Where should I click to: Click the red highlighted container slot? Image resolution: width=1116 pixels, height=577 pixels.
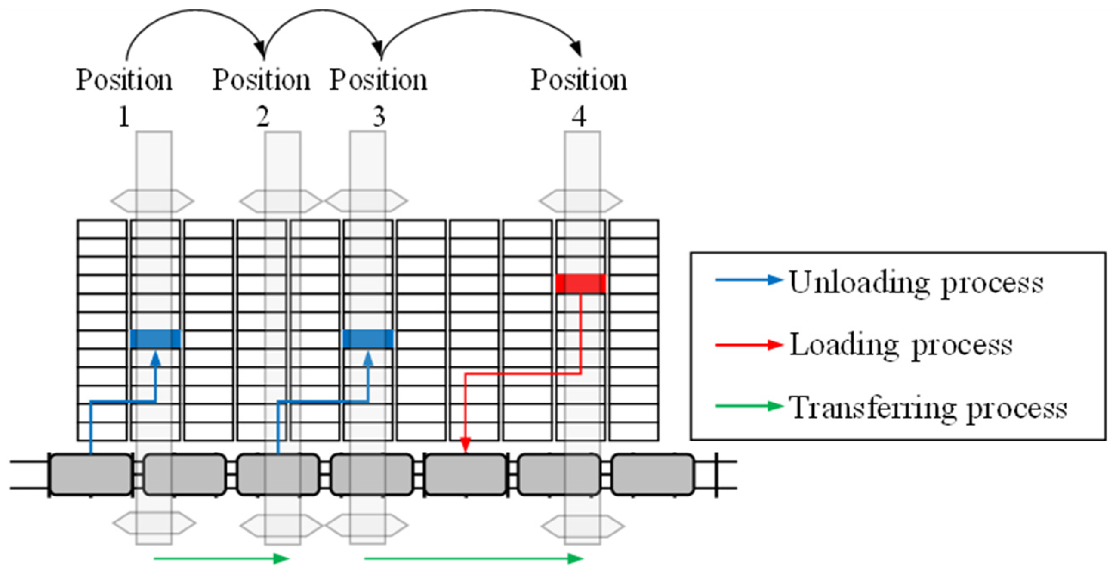click(x=580, y=283)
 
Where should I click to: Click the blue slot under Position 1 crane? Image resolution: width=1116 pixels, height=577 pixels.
click(x=155, y=338)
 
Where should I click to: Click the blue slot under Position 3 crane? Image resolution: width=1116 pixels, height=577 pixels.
click(x=368, y=338)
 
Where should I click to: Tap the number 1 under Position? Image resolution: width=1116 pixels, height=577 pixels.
click(x=124, y=117)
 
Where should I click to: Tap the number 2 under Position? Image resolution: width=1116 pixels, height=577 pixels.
click(x=262, y=117)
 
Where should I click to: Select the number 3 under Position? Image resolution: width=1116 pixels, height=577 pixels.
click(x=379, y=117)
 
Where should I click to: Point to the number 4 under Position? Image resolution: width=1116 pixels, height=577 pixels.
click(x=579, y=117)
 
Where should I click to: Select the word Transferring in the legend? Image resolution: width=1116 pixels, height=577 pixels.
click(x=871, y=408)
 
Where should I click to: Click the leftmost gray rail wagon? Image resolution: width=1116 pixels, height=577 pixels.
click(x=91, y=475)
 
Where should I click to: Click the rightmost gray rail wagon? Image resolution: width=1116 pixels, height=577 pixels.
click(x=653, y=475)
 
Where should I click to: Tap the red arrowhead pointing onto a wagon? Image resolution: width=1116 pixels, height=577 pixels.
click(x=466, y=446)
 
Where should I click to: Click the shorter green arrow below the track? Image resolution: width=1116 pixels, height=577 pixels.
click(x=221, y=558)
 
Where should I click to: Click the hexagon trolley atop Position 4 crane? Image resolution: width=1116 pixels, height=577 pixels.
click(x=580, y=201)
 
